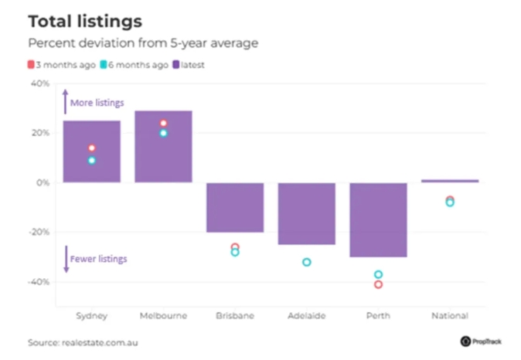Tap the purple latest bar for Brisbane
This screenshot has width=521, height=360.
click(234, 207)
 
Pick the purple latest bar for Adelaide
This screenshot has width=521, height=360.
click(306, 213)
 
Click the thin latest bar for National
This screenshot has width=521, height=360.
click(450, 181)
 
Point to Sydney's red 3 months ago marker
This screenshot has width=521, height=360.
click(91, 148)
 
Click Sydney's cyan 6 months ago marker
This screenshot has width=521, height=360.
click(91, 161)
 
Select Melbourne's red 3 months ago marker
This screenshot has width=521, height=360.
click(163, 124)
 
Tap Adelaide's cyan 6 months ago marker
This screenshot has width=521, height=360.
click(306, 263)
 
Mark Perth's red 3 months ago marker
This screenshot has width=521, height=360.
click(378, 284)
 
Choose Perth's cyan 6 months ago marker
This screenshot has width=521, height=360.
click(378, 274)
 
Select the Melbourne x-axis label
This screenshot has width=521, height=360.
click(162, 316)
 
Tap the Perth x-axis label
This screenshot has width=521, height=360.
click(378, 316)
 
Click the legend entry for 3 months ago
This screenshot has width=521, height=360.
click(66, 65)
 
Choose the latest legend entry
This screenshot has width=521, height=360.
click(188, 65)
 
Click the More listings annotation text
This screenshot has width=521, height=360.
click(97, 103)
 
